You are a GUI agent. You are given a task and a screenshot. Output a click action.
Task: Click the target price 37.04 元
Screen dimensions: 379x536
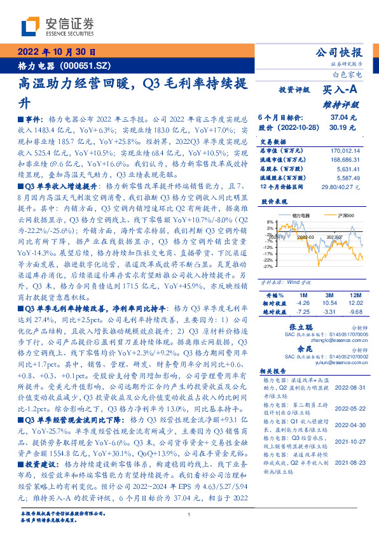[343, 118]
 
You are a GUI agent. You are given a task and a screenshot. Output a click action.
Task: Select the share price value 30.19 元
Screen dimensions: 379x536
[343, 127]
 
